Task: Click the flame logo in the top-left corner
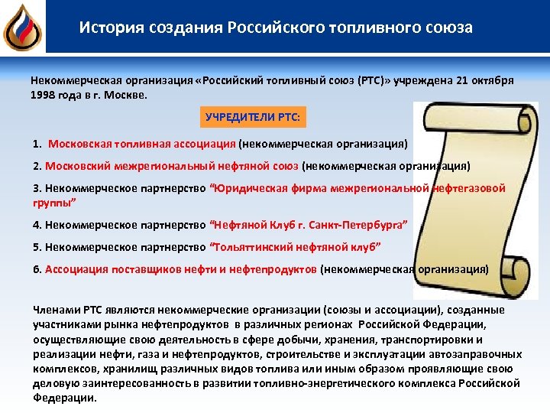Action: (21, 26)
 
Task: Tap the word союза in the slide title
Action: (451, 28)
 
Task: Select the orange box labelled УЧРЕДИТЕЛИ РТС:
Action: (254, 119)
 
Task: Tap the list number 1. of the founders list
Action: (37, 143)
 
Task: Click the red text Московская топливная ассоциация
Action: (142, 143)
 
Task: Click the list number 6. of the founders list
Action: (37, 269)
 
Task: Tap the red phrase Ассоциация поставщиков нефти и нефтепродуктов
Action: (181, 269)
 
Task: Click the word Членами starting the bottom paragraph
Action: (56, 310)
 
